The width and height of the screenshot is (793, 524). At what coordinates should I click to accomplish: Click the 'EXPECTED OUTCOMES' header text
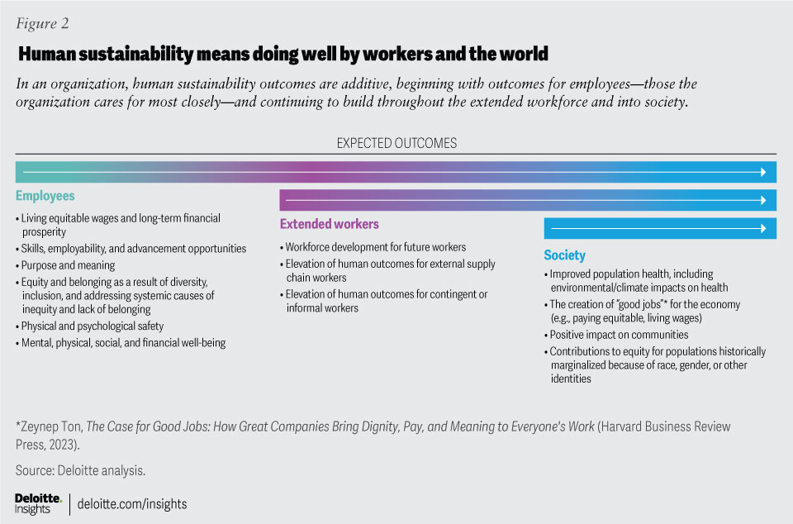click(396, 143)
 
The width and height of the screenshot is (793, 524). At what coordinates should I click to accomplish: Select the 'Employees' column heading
click(45, 196)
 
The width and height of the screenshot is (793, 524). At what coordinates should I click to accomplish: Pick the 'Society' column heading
click(564, 255)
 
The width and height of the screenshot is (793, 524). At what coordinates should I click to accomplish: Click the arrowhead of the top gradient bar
click(762, 172)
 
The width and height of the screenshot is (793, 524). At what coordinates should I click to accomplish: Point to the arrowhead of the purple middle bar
click(762, 200)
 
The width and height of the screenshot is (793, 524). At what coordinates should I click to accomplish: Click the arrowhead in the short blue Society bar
click(762, 228)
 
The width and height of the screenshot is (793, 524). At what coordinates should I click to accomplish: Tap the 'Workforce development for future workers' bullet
click(376, 247)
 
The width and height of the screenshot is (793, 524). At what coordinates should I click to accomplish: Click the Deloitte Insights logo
click(38, 503)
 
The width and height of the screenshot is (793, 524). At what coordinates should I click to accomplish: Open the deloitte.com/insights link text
click(133, 503)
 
